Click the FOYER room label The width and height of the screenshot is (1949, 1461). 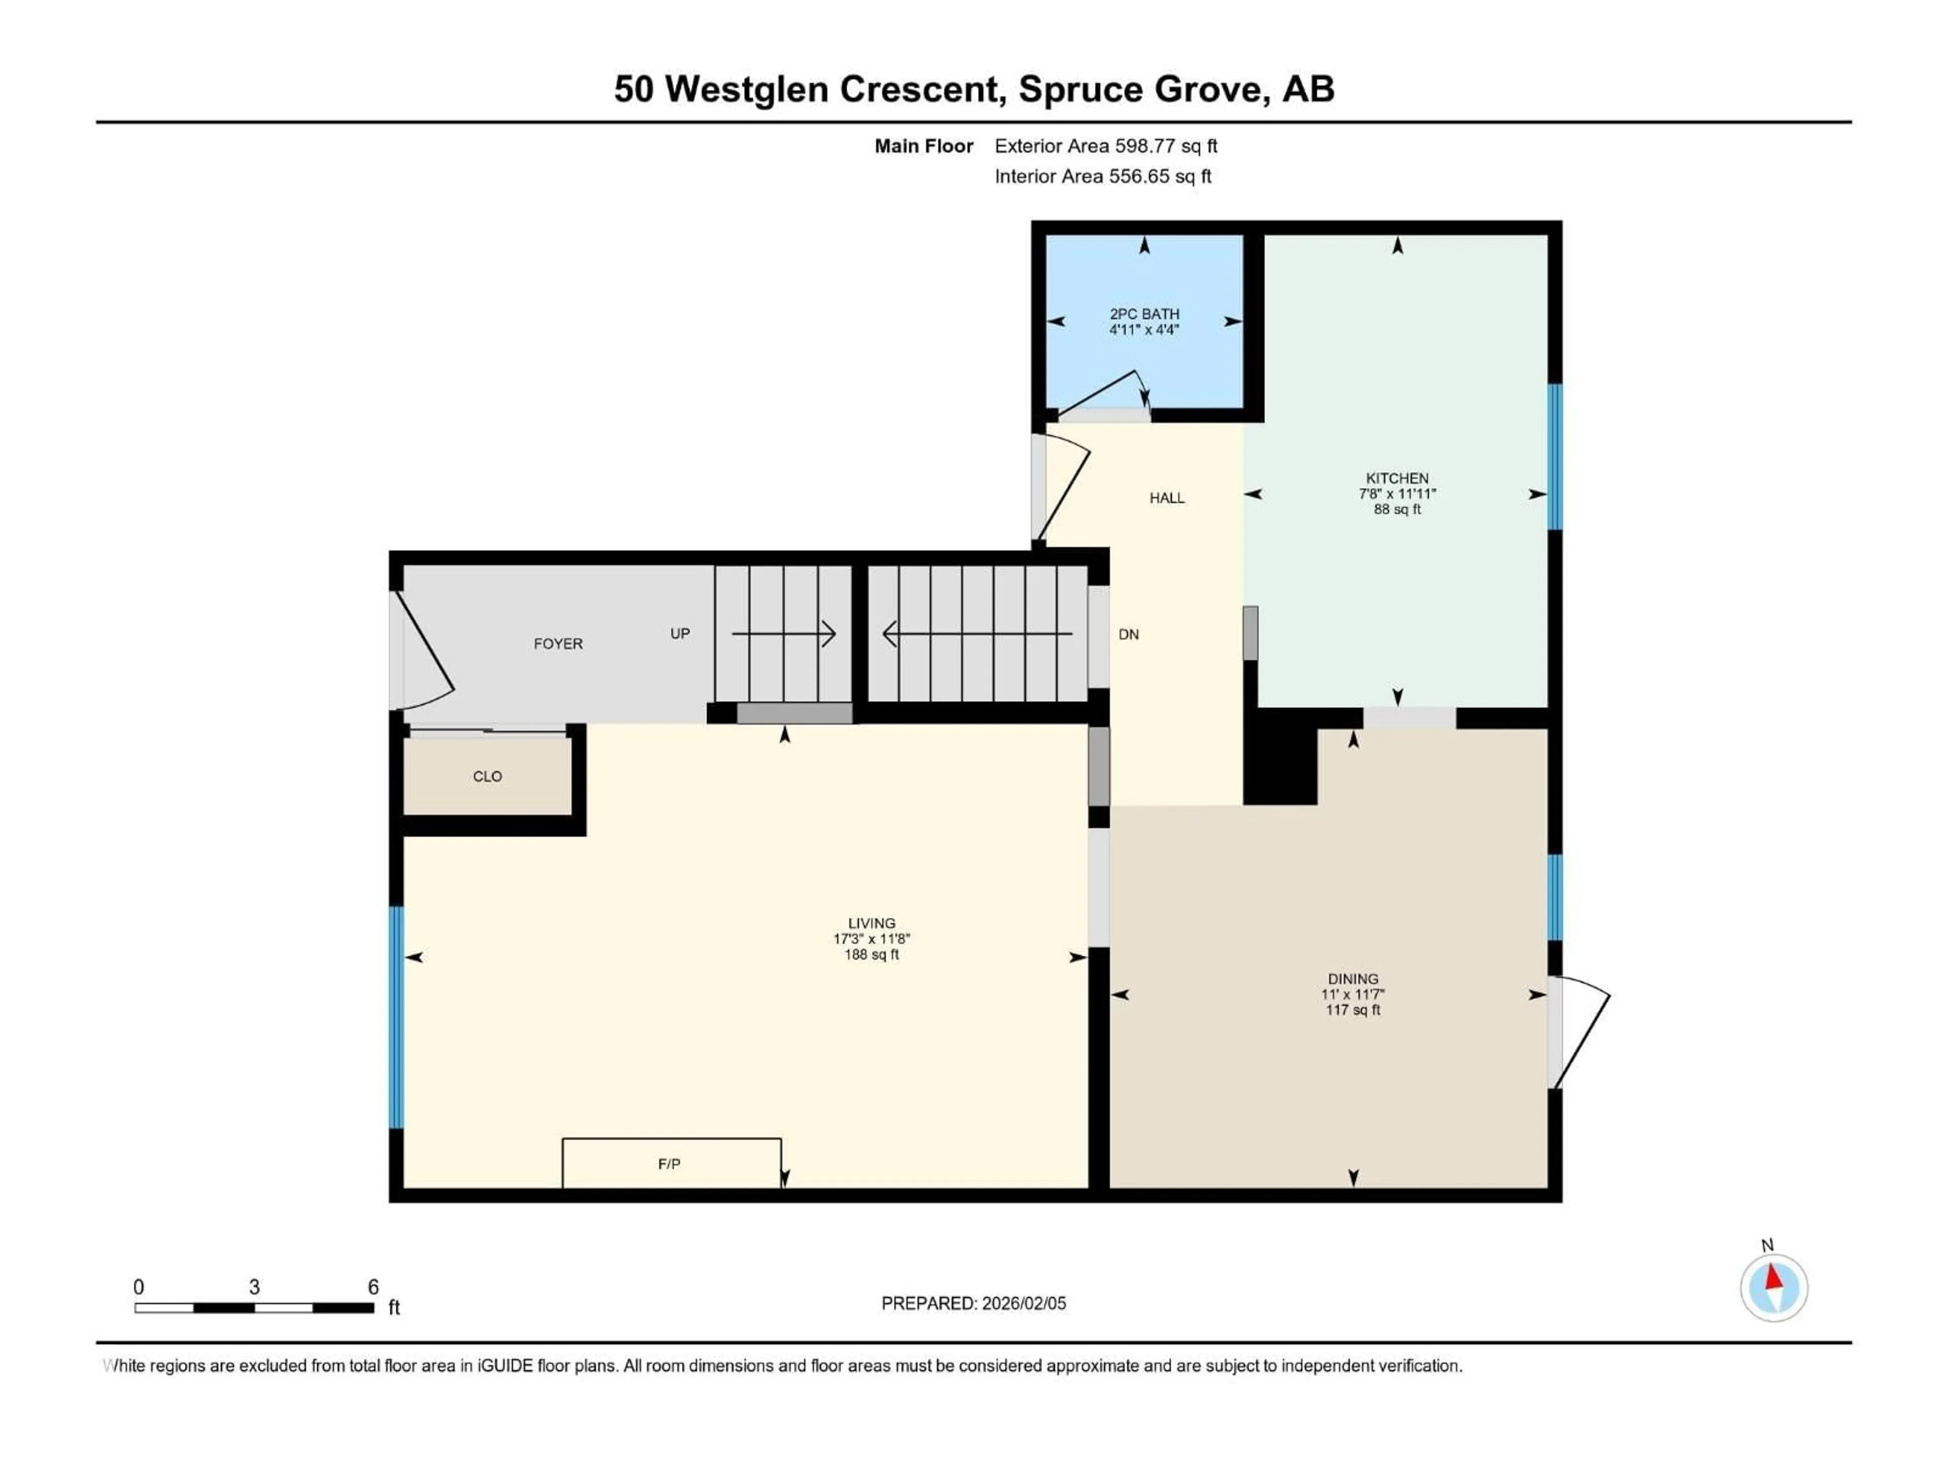click(x=558, y=644)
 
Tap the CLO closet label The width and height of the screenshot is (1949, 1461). click(x=487, y=776)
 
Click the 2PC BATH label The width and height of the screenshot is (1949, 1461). click(x=1144, y=314)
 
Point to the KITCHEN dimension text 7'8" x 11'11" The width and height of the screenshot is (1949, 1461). click(x=1397, y=494)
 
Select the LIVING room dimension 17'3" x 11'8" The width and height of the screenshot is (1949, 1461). click(x=871, y=939)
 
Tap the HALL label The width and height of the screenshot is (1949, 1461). click(x=1166, y=498)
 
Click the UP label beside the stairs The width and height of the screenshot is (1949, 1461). click(x=679, y=633)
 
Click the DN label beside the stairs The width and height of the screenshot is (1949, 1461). click(x=1129, y=634)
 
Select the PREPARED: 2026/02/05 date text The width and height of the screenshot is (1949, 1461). click(x=973, y=1303)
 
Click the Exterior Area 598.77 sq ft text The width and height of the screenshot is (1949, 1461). click(x=1106, y=146)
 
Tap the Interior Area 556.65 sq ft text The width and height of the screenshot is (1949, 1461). click(x=1102, y=176)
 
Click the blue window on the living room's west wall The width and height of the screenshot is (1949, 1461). click(x=396, y=1017)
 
